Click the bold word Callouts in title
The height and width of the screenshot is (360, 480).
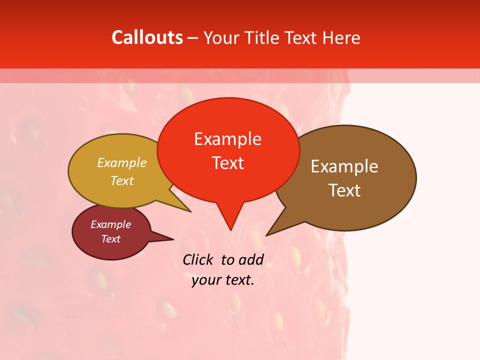click(x=147, y=37)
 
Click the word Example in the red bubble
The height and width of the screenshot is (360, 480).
click(x=227, y=139)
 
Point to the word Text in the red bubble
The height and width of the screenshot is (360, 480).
click(x=227, y=162)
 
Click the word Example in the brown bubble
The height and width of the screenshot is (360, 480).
click(x=344, y=166)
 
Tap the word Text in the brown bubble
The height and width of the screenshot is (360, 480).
click(x=344, y=190)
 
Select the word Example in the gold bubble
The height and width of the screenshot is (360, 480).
click(x=122, y=163)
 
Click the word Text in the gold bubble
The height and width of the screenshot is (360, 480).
click(x=122, y=180)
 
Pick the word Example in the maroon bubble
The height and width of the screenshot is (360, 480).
click(x=110, y=224)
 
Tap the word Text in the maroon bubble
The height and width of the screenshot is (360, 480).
click(x=110, y=239)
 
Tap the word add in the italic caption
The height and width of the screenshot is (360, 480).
click(x=251, y=259)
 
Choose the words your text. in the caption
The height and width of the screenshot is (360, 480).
click(x=223, y=280)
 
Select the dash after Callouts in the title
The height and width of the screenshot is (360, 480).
click(x=193, y=38)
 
